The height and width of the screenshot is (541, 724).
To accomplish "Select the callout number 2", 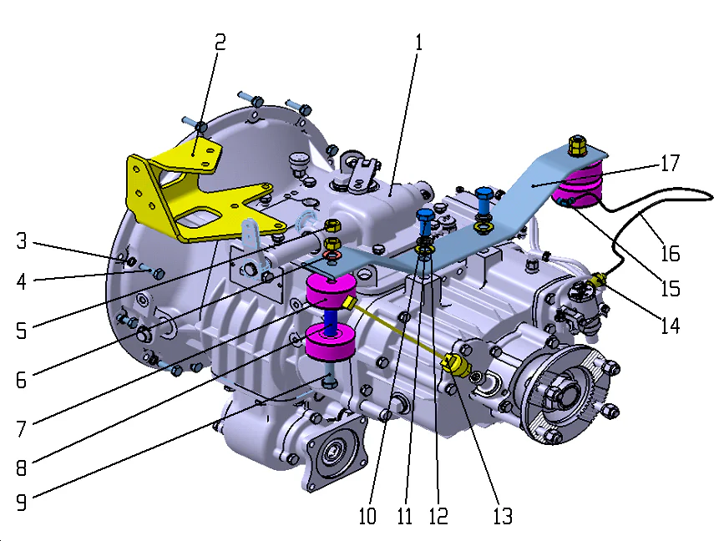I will pyautogui.click(x=220, y=43).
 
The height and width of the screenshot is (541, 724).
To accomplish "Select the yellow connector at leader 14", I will pyautogui.click(x=599, y=278).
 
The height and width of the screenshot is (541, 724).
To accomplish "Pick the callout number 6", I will pyautogui.click(x=21, y=379).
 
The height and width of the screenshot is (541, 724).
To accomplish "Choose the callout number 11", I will pyautogui.click(x=405, y=516).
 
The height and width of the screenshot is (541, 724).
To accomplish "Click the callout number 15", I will pyautogui.click(x=668, y=289).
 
